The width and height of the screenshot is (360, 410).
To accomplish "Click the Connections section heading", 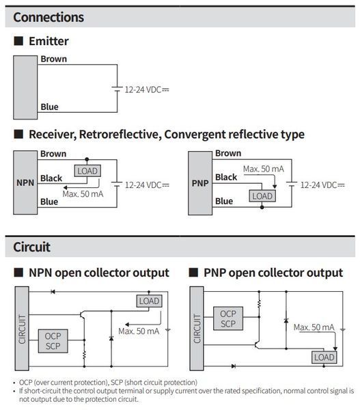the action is coord(49,17).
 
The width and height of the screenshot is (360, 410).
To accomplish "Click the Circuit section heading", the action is coord(31,247).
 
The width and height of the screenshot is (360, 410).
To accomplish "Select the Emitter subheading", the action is coord(49,41).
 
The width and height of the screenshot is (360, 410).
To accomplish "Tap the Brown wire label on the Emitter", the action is coord(53,59).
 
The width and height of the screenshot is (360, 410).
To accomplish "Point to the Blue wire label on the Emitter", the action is coord(49,107).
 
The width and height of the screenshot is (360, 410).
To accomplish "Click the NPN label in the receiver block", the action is coord(25,182).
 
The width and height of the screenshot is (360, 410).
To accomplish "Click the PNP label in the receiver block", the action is coord(200,183).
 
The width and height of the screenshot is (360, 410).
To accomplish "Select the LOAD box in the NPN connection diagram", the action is coord(87,171).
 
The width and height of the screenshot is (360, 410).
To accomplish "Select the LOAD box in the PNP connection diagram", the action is coord(262,196).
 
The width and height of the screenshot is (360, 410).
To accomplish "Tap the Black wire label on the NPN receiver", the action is coord(51,178).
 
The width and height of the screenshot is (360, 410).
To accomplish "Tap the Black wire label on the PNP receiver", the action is coord(226,177).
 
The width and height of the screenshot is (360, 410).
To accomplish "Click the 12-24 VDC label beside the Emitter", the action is coord(147,90).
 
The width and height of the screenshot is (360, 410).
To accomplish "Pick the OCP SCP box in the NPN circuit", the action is coord(53,341).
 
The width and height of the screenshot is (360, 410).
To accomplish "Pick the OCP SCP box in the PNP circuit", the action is coord(228,318).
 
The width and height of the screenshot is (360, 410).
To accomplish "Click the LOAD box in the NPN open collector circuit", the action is coord(149,301).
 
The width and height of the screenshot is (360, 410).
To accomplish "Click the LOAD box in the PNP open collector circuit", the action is coord(324,357).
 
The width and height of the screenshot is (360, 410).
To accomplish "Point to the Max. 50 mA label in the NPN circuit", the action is coord(139,331).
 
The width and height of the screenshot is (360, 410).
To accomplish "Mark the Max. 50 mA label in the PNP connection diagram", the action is coord(264,169).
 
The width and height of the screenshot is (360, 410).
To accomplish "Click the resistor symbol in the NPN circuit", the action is coord(84,355).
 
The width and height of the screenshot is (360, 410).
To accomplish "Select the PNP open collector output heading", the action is coord(273,273).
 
